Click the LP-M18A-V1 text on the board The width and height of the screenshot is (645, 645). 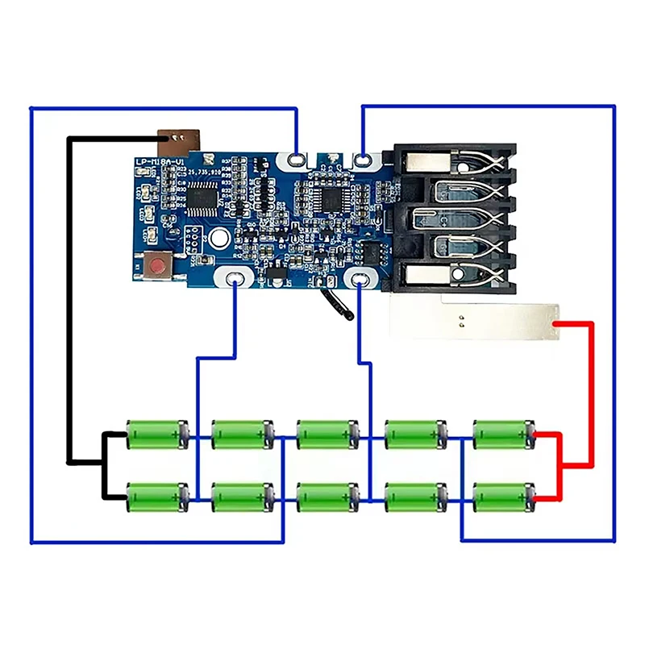tap(160, 164)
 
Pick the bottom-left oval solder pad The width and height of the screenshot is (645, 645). tap(234, 279)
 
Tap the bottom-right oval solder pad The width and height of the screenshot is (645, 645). tap(356, 279)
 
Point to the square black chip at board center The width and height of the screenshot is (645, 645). tap(331, 196)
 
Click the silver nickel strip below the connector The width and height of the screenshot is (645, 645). tap(472, 318)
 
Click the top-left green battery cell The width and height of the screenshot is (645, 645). tap(158, 434)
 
